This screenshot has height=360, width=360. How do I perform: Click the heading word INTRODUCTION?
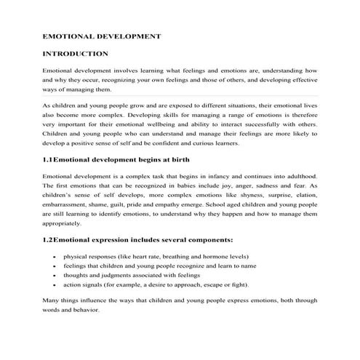[76, 54]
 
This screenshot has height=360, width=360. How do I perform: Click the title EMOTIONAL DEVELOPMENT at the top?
[102, 35]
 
